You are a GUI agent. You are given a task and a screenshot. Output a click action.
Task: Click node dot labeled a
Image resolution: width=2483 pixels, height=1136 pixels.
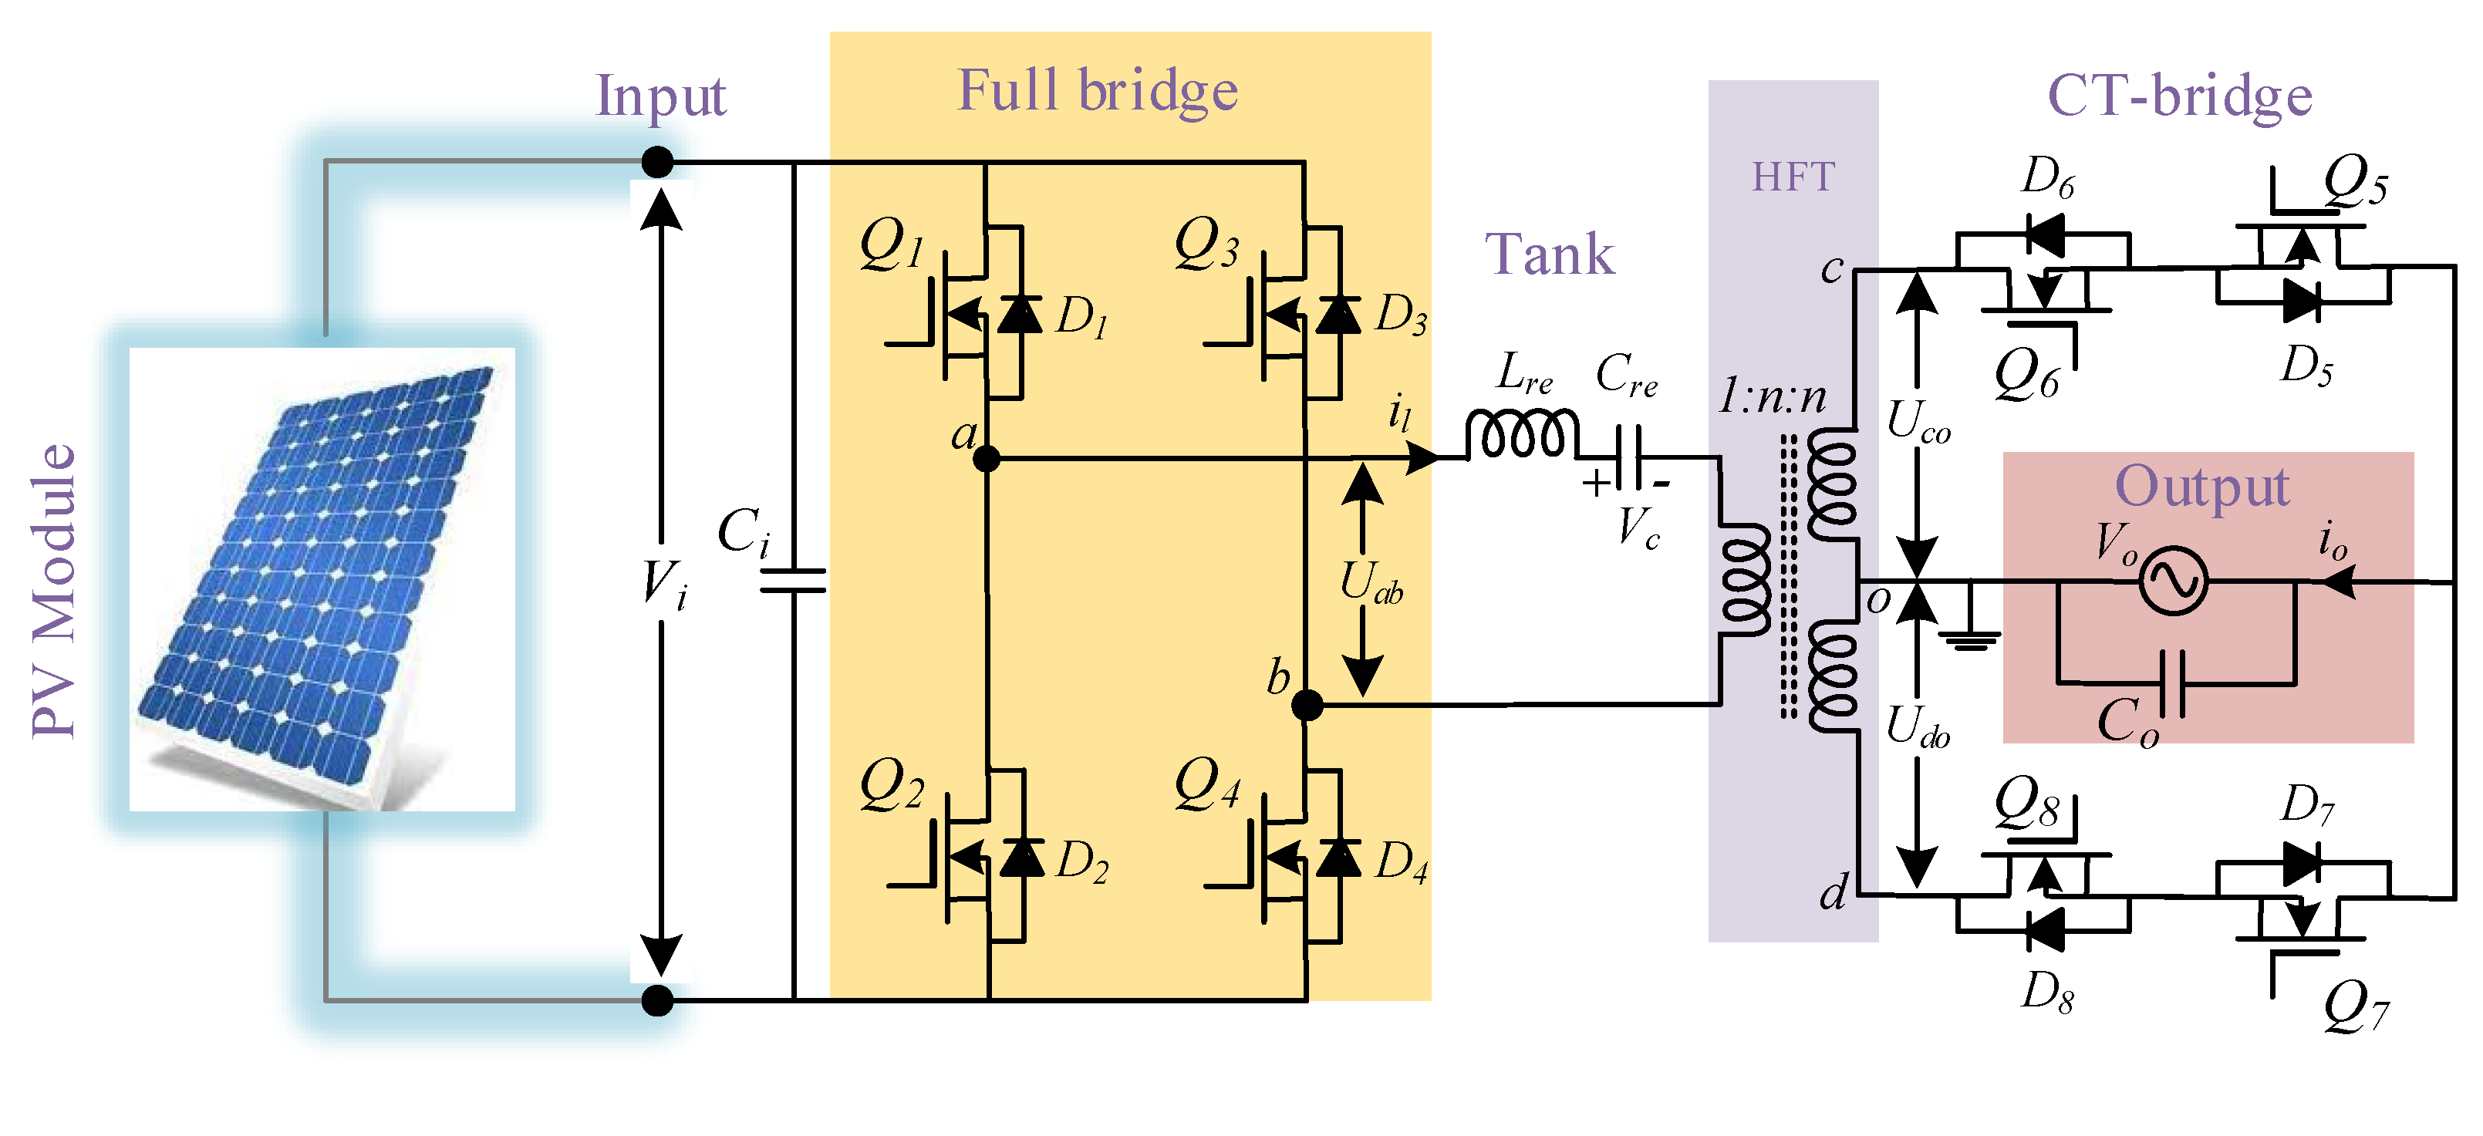point(986,459)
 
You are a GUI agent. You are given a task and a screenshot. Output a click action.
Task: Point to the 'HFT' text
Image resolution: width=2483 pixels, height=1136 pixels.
point(1793,177)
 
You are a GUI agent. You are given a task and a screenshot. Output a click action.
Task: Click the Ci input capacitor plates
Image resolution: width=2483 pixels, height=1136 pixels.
point(792,580)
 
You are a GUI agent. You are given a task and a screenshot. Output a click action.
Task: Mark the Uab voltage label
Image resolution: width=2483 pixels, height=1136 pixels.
point(1371,583)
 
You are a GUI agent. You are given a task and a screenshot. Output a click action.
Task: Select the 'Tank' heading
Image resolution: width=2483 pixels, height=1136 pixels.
point(1549,255)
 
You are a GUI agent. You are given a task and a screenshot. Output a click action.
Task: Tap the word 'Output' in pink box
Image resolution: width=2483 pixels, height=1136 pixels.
point(2201,487)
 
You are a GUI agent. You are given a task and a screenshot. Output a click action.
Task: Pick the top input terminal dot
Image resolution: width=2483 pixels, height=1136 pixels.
point(657,162)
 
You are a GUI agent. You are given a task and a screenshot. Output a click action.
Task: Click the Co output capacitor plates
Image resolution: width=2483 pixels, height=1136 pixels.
point(2171,683)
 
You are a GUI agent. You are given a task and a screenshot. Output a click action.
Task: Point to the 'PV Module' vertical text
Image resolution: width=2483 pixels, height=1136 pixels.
point(54,590)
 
